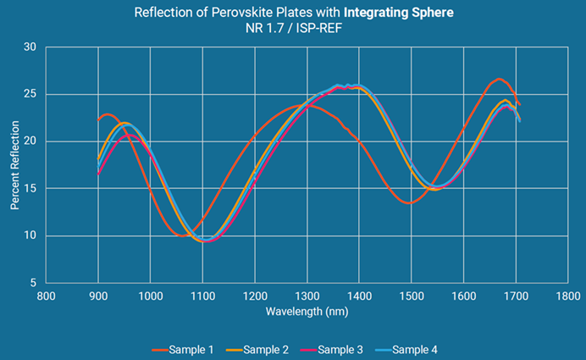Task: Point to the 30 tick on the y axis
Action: click(x=30, y=47)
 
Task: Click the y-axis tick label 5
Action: click(x=33, y=283)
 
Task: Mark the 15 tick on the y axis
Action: click(x=30, y=189)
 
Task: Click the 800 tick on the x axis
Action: click(x=46, y=296)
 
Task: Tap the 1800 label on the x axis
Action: click(x=568, y=296)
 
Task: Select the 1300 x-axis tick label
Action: click(x=307, y=296)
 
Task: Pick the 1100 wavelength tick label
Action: click(x=202, y=296)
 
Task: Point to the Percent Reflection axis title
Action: click(x=14, y=165)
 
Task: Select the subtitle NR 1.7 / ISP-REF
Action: click(x=293, y=28)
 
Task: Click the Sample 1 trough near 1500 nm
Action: click(x=409, y=203)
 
